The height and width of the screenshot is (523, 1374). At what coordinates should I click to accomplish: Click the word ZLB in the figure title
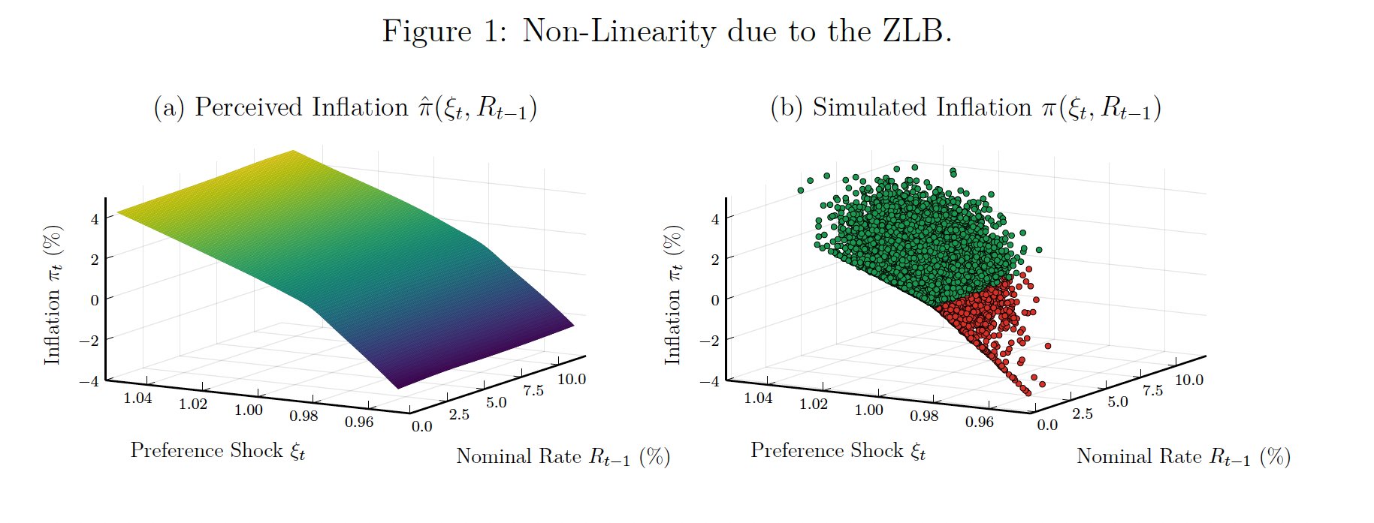(914, 32)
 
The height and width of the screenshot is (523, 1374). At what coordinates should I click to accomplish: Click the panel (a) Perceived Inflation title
(345, 108)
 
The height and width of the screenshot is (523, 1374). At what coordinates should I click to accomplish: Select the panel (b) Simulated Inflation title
(965, 108)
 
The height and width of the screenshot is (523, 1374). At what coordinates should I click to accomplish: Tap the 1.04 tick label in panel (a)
(137, 398)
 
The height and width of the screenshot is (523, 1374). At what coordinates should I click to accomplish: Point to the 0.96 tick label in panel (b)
(979, 422)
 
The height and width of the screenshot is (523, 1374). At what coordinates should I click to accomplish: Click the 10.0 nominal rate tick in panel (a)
(572, 379)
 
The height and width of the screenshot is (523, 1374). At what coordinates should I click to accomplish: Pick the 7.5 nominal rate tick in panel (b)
(1152, 391)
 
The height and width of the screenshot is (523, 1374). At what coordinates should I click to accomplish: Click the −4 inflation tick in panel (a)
(89, 380)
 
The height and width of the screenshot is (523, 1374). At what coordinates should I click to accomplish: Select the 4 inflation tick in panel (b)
(714, 218)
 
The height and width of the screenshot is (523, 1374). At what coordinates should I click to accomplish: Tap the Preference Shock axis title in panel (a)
(217, 450)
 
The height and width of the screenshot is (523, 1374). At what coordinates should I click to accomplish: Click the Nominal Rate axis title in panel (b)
(1182, 456)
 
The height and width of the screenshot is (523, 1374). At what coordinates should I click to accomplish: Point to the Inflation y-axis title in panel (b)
(672, 296)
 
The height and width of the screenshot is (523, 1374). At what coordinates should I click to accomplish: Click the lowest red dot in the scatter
(1027, 392)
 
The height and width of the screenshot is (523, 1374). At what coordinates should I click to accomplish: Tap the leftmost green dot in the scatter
(801, 190)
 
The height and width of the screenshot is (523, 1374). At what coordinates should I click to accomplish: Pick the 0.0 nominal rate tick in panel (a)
(422, 426)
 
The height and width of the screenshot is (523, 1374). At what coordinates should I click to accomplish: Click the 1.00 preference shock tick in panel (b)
(868, 410)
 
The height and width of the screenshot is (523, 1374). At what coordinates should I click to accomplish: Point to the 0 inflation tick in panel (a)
(94, 299)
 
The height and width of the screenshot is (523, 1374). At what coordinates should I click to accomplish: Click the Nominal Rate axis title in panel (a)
(562, 456)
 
